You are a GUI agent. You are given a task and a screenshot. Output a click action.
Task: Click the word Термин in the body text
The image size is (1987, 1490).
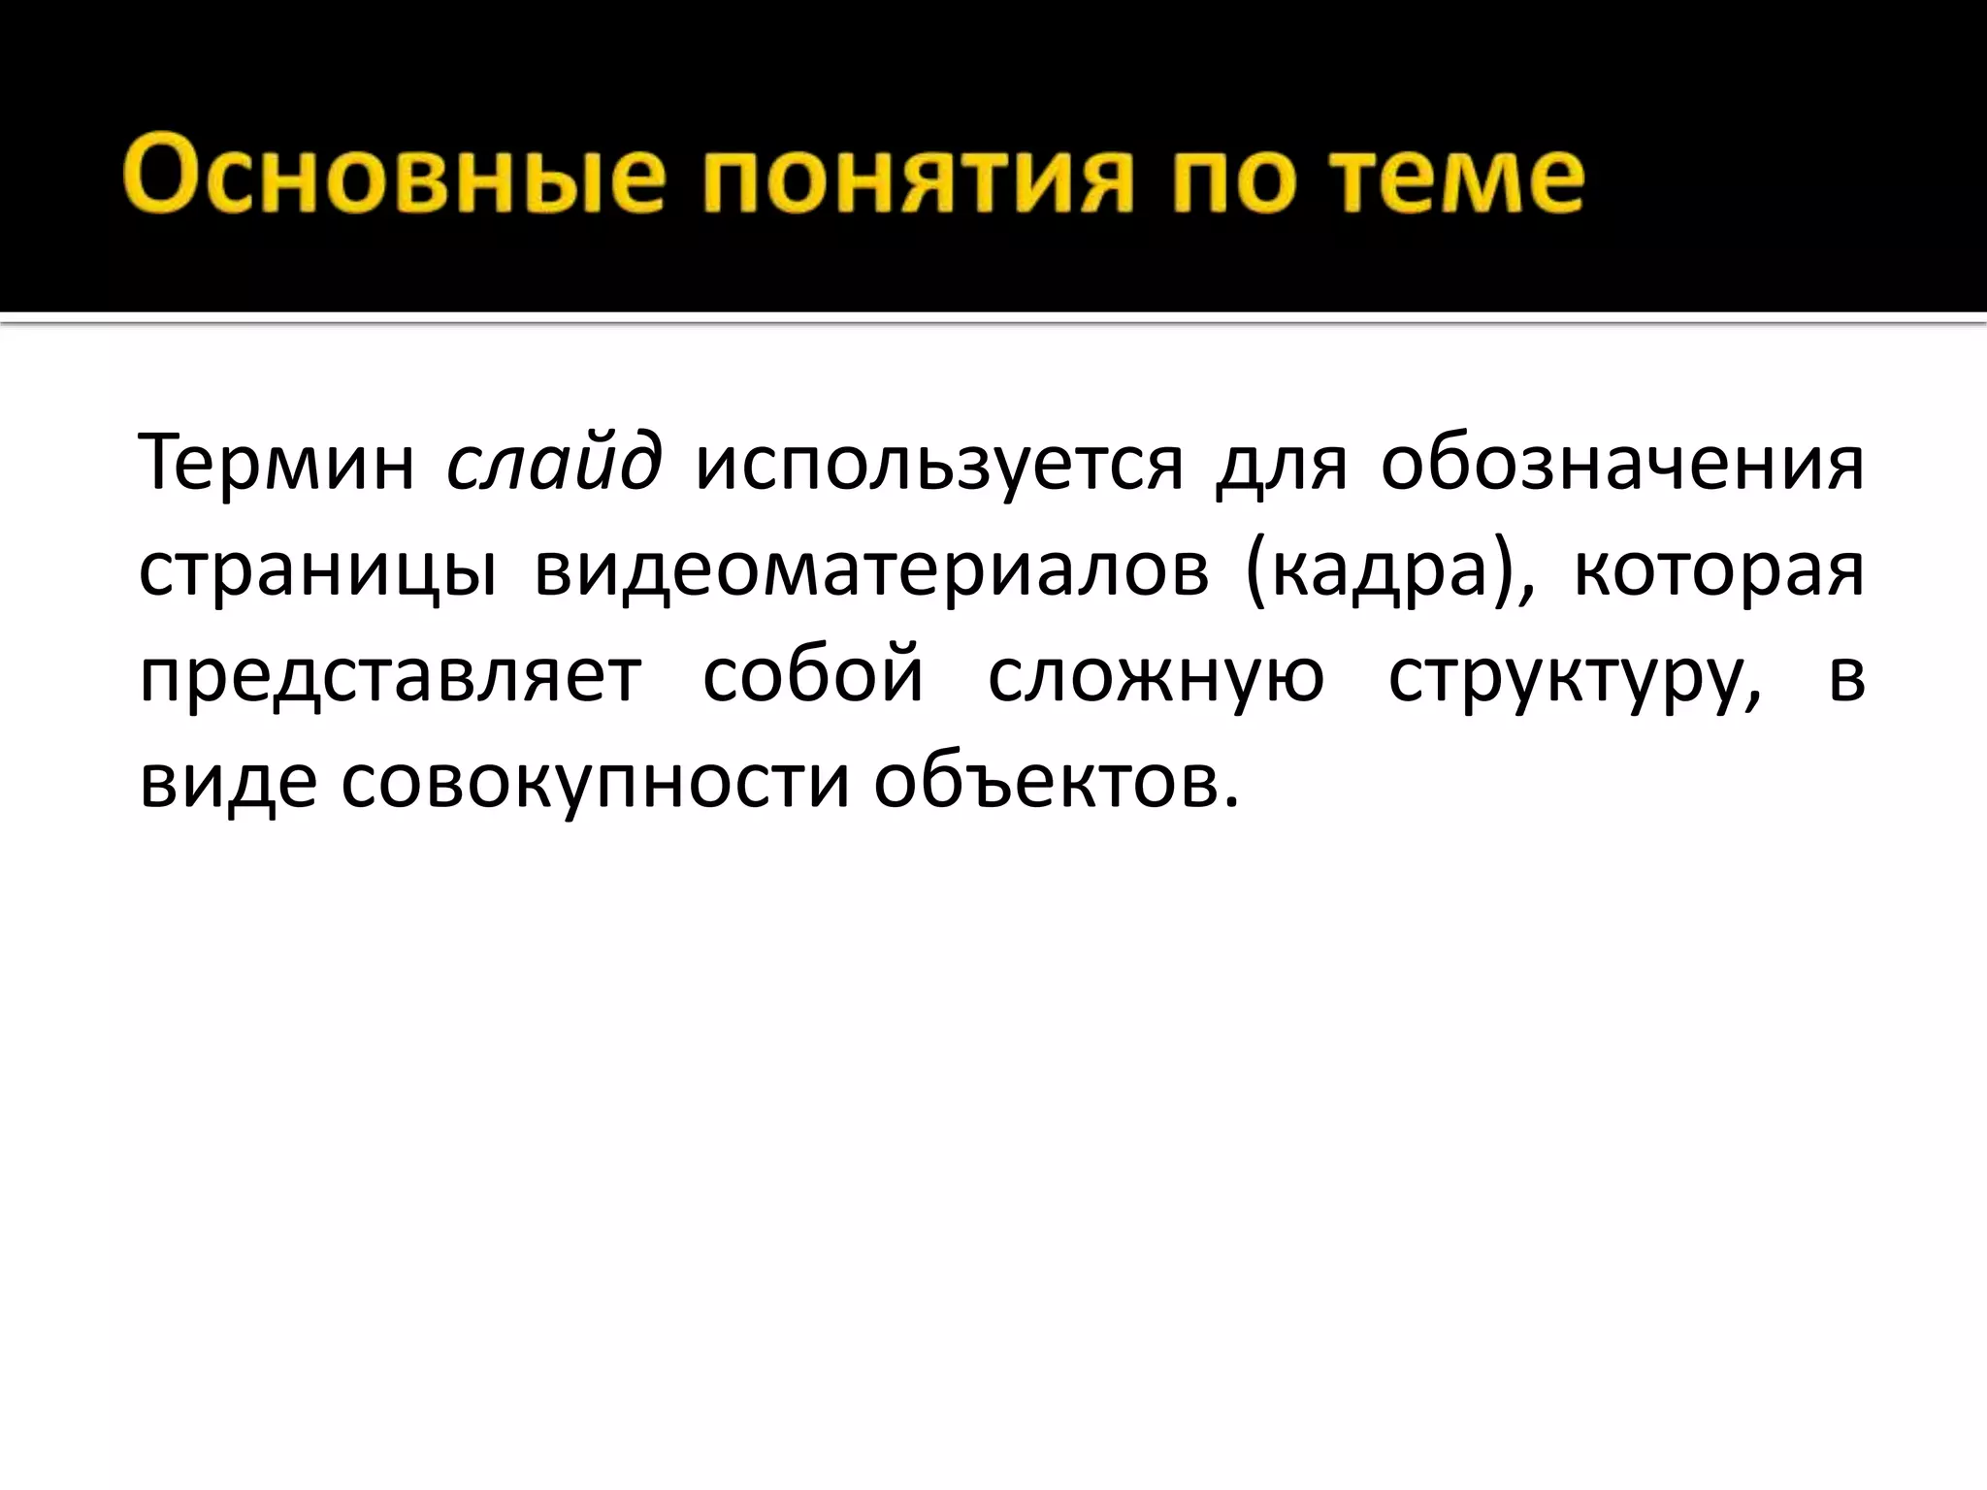(277, 463)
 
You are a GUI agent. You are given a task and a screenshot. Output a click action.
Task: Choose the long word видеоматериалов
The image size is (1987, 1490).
(871, 570)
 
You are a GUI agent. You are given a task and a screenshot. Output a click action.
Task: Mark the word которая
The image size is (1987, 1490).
(1718, 570)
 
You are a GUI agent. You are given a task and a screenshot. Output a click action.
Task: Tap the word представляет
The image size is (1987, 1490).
(390, 677)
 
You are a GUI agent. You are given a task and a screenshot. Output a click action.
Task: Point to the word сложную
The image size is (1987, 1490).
(1156, 676)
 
